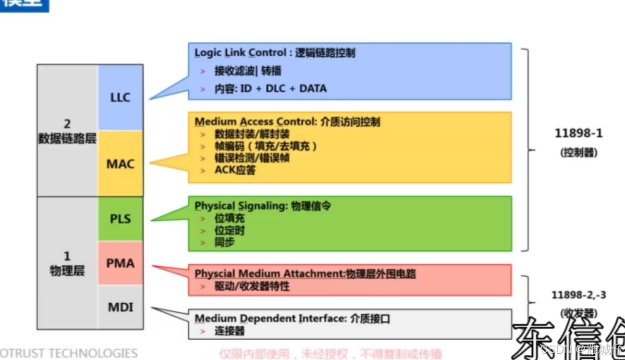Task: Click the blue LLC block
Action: (x=120, y=98)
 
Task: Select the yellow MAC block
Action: (x=120, y=163)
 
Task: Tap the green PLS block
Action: (x=120, y=219)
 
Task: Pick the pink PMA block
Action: (x=120, y=263)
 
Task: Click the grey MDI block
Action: (x=120, y=307)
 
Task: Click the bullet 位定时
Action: (x=229, y=231)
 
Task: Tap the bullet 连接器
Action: (x=229, y=331)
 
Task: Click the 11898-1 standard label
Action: (x=578, y=134)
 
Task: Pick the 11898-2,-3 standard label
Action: (x=578, y=295)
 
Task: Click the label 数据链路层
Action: (x=67, y=139)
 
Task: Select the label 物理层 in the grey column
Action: (x=67, y=271)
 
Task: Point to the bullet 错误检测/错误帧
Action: (x=252, y=158)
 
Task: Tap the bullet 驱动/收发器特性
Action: (x=252, y=286)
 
